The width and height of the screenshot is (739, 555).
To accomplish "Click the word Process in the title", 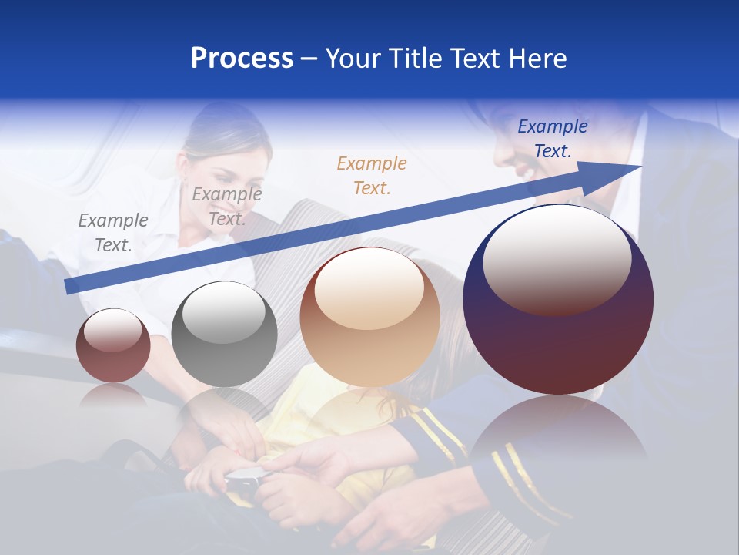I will tap(242, 59).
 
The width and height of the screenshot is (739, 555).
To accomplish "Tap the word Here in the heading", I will tap(537, 59).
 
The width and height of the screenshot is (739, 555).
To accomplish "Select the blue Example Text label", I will tap(553, 139).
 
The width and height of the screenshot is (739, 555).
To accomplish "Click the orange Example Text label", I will tap(372, 175).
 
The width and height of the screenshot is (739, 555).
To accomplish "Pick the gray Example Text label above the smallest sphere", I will tap(113, 233).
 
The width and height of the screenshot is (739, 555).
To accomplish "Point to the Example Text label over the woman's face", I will tap(227, 207).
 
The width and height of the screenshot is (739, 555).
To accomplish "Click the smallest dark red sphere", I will tap(113, 346).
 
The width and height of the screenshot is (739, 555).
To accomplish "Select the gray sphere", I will tap(224, 335).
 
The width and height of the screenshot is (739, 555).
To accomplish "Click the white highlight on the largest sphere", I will tap(557, 258).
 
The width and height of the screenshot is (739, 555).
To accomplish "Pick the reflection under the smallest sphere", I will tap(113, 395).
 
